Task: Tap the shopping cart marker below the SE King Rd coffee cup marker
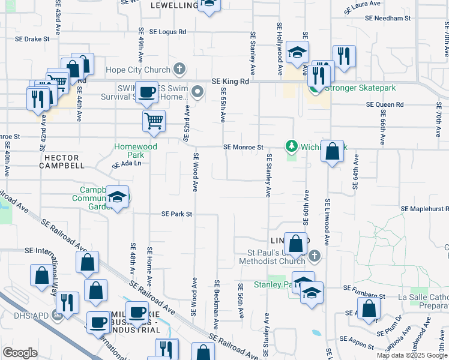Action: pos(154,120)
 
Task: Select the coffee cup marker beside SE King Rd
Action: pos(146,92)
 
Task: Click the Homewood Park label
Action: pos(136,151)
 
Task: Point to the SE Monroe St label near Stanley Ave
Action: pos(243,147)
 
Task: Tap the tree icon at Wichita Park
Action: pos(292,146)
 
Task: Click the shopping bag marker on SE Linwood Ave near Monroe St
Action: pos(332,151)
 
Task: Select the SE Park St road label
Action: pos(176,214)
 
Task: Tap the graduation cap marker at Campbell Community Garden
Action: pos(117,196)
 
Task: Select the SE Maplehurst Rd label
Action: pos(424,208)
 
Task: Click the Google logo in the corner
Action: pos(20,352)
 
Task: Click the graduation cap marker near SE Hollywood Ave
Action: pos(297,52)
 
